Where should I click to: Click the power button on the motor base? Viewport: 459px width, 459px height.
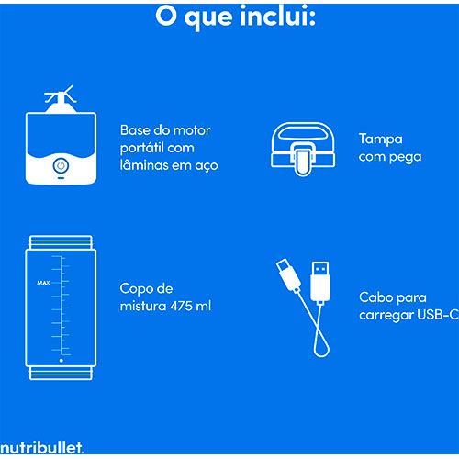[x=61, y=166]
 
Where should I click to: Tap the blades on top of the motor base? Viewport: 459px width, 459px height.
[x=61, y=95]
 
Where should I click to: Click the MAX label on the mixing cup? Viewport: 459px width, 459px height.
[x=43, y=283]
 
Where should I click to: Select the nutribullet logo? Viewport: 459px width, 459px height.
[x=41, y=448]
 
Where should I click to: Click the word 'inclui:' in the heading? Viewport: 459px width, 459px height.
[x=277, y=17]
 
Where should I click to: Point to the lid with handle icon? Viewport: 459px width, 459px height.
[x=303, y=149]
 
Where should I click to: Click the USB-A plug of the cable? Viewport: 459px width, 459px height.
[x=320, y=282]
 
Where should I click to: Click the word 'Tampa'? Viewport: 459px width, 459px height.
[x=381, y=140]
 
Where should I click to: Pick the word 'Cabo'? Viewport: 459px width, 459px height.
[x=374, y=297]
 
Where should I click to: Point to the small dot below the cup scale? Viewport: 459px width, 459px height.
[x=62, y=361]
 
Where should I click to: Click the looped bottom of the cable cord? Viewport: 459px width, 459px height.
[x=321, y=348]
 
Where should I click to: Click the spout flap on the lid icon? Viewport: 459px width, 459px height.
[x=303, y=160]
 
